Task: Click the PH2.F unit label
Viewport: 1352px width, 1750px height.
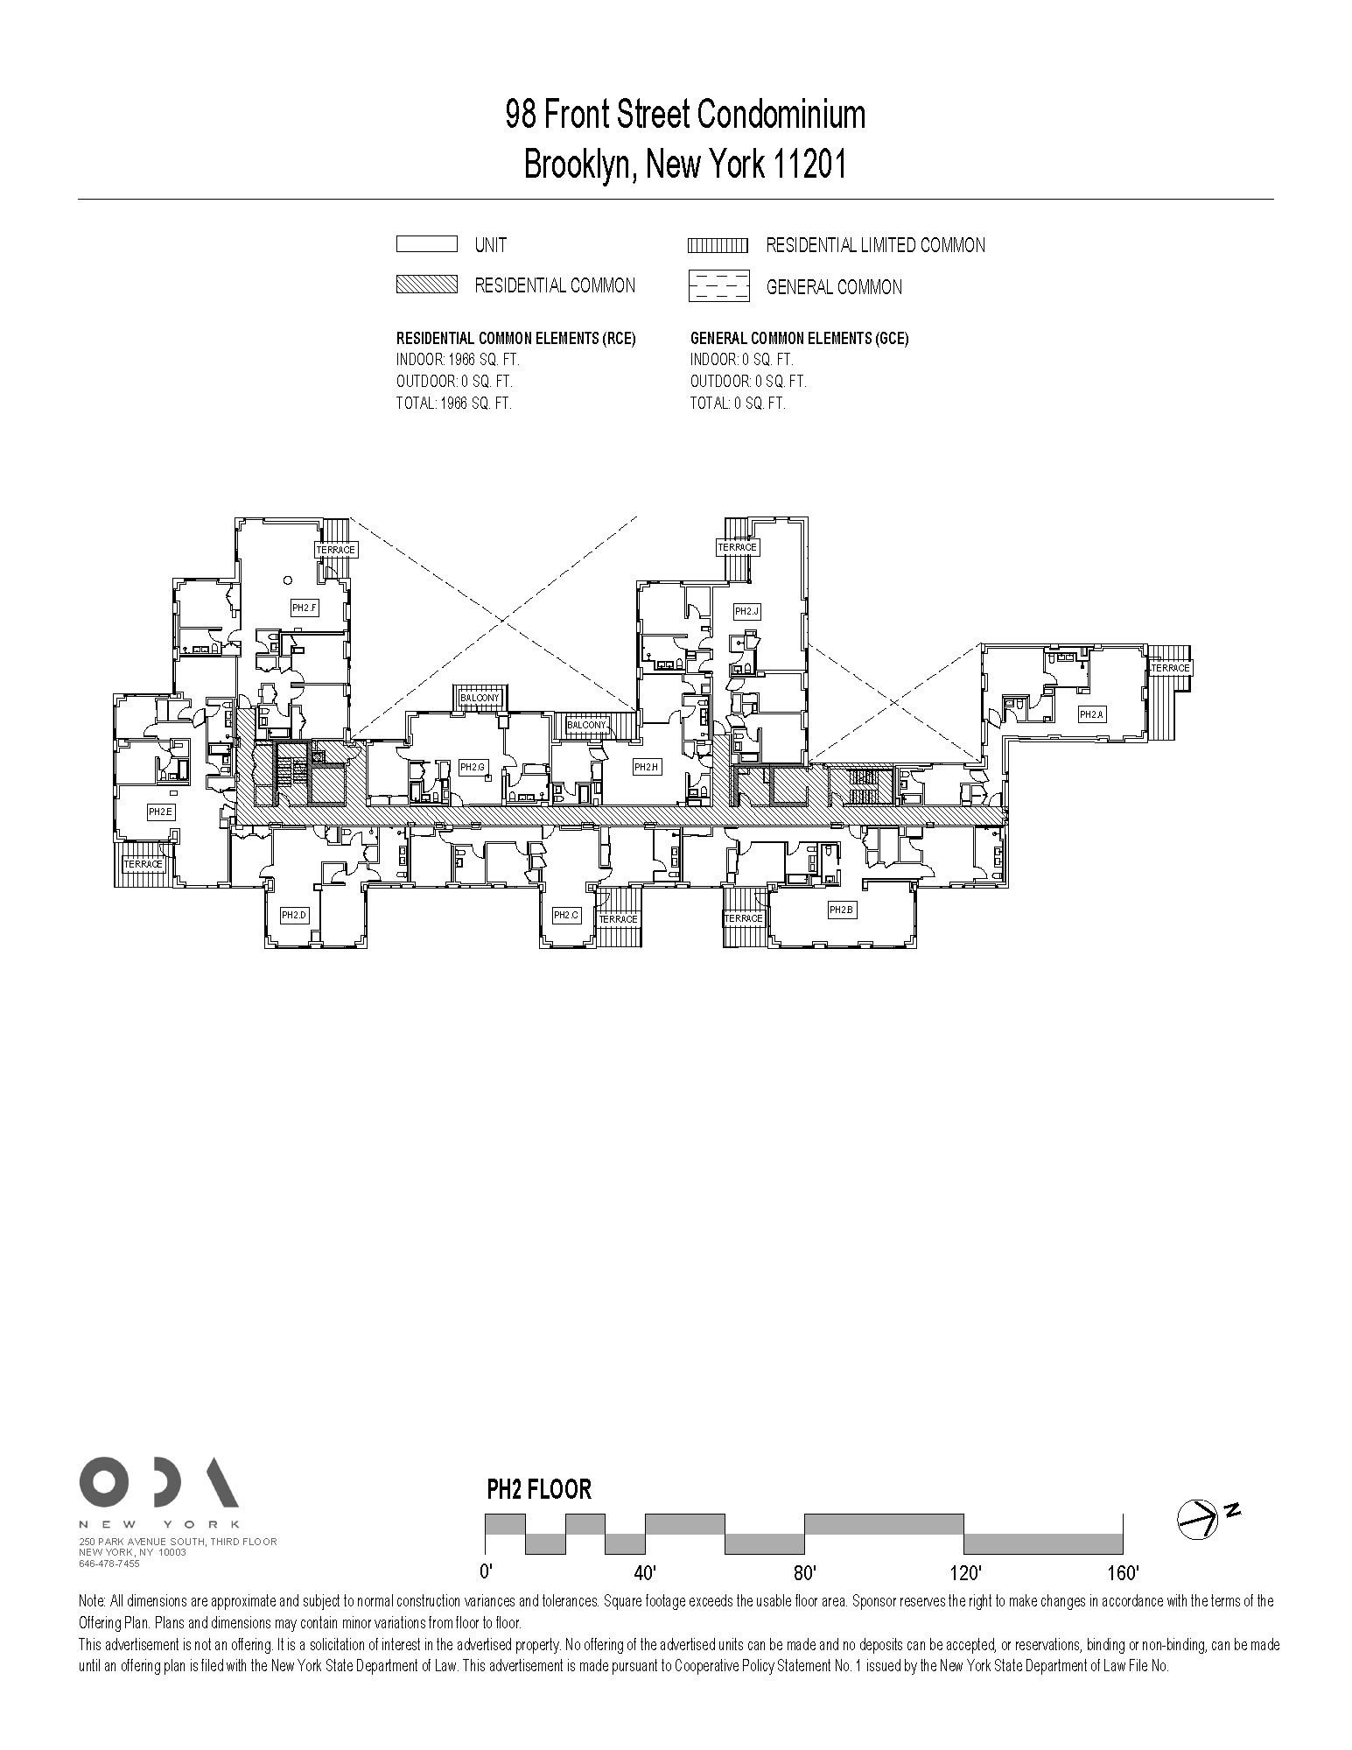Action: pyautogui.click(x=304, y=608)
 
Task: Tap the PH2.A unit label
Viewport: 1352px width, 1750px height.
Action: pyautogui.click(x=1091, y=714)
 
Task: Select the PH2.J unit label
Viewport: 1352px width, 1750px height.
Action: pyautogui.click(x=746, y=611)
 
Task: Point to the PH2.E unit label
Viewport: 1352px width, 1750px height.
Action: pyautogui.click(x=160, y=812)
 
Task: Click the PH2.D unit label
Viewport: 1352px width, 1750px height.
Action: pyautogui.click(x=294, y=915)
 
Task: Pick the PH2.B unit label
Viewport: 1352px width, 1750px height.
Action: pyautogui.click(x=840, y=910)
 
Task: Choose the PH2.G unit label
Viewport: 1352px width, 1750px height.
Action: pyautogui.click(x=472, y=767)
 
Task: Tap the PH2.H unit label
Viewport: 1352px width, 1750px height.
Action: pyautogui.click(x=646, y=767)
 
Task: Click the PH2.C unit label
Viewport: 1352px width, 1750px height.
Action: pyautogui.click(x=566, y=915)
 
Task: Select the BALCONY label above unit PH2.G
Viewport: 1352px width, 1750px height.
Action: pyautogui.click(x=480, y=698)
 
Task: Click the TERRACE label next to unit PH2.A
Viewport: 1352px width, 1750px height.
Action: pyautogui.click(x=1170, y=668)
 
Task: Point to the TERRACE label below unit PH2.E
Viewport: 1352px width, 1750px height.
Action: pyautogui.click(x=143, y=864)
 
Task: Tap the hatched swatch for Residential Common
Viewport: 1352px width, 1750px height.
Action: pyautogui.click(x=426, y=285)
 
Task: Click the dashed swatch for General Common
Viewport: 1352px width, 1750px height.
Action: pyautogui.click(x=718, y=286)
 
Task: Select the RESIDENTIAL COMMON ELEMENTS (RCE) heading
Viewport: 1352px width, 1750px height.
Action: pyautogui.click(x=515, y=339)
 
